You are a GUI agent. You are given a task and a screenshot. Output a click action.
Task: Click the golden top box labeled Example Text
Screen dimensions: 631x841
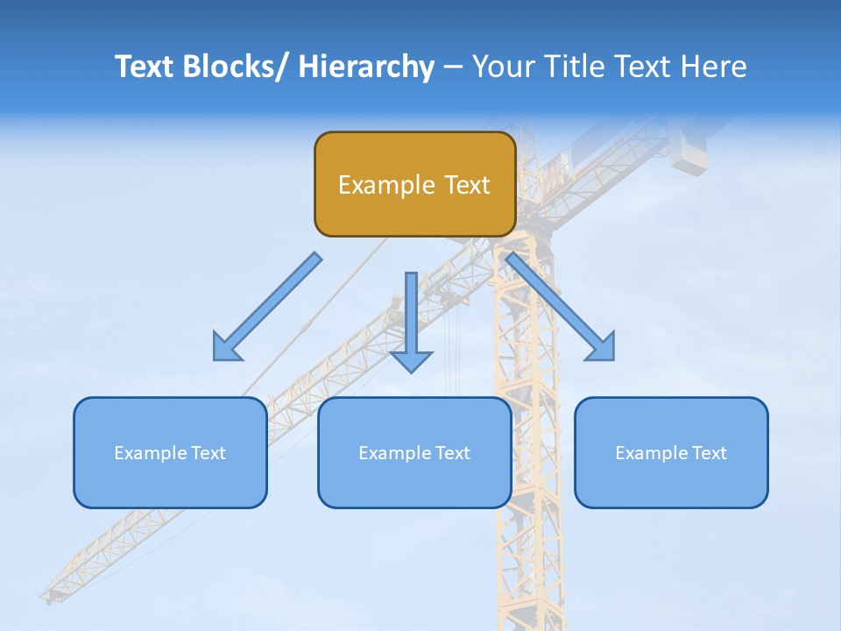click(414, 184)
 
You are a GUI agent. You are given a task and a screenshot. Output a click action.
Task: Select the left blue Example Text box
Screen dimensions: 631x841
click(170, 452)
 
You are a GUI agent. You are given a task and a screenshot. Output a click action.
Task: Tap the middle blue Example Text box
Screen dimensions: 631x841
click(414, 452)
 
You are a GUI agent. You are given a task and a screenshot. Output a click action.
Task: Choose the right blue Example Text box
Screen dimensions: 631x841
click(671, 452)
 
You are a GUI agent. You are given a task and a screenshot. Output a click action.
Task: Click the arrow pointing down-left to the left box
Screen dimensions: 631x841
click(267, 307)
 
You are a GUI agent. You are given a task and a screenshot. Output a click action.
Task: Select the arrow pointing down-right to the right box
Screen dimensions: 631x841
click(561, 307)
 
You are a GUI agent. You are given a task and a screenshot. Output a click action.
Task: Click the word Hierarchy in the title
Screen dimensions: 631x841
click(366, 67)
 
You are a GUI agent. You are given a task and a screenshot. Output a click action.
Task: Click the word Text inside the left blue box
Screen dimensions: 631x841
click(207, 453)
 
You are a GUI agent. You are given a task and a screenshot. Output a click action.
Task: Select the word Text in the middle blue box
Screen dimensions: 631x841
click(451, 453)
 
